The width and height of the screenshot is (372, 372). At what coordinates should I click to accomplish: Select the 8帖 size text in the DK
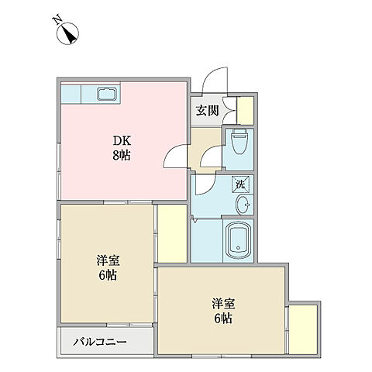[x=122, y=155]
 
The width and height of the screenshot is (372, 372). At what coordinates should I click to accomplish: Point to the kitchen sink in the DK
[x=107, y=95]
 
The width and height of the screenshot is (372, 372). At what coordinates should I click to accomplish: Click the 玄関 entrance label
[x=206, y=111]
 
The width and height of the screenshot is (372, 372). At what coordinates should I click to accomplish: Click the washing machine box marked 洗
[x=240, y=184]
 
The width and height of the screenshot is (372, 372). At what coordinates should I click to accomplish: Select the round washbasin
[x=242, y=205]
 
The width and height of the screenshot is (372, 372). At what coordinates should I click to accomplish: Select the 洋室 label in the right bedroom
[x=222, y=304]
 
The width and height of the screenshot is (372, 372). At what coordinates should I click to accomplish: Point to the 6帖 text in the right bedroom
[x=222, y=319]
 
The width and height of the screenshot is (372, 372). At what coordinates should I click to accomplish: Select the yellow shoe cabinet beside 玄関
[x=246, y=109]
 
